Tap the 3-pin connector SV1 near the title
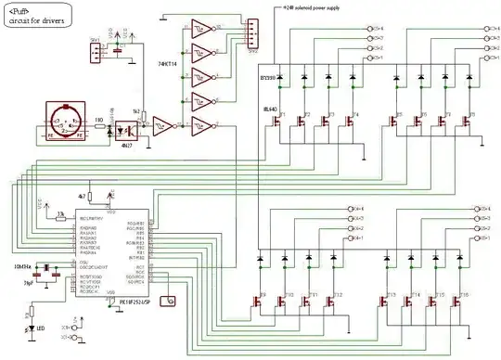pyautogui.click(x=96, y=52)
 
